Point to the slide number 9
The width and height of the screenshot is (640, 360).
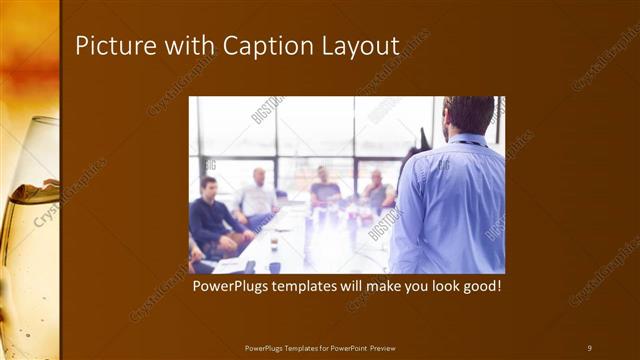point(589,347)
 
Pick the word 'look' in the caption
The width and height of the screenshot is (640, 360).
point(441,286)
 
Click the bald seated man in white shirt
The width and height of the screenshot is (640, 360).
point(257,195)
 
